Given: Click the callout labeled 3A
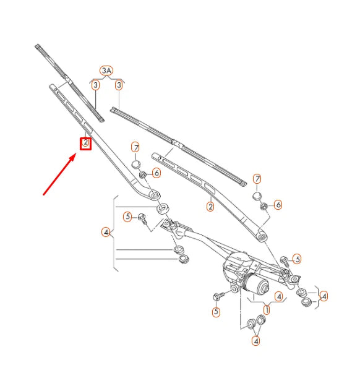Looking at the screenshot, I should [107, 71].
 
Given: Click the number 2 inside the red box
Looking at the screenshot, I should [86, 144].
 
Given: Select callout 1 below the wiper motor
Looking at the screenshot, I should [267, 308].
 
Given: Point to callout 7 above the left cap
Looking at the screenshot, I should [135, 147].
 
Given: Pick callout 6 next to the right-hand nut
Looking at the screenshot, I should [278, 204].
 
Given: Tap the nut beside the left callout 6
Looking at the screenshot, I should [142, 174].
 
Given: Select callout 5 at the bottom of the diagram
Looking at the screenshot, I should [216, 312].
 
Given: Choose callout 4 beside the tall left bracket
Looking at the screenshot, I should [106, 233].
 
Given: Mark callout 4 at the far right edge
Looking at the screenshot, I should [324, 296].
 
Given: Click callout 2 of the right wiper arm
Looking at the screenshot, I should [210, 207].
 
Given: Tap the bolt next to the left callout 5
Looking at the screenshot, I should [143, 219].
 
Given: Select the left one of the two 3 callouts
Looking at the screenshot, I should [95, 85].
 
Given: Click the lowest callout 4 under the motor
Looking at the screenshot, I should [255, 340].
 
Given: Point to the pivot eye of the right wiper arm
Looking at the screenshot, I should [262, 234].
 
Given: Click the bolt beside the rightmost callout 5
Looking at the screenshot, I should [284, 260].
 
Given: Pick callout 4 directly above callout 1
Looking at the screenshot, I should [279, 296].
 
